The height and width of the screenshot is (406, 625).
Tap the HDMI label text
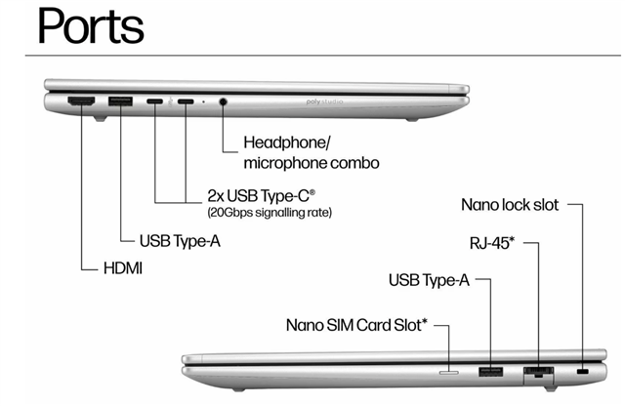[123, 266]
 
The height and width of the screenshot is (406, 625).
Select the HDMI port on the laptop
[79, 101]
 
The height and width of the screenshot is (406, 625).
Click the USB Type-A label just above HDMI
[180, 239]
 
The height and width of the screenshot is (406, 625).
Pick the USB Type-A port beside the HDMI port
[121, 101]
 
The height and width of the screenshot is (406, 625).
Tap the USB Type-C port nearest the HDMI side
[155, 101]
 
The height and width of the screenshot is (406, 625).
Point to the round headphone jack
[225, 101]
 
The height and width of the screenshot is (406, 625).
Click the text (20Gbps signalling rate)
[269, 212]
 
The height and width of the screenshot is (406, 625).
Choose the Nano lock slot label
[511, 205]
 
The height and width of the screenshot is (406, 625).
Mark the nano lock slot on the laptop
[584, 372]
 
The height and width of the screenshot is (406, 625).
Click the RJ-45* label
[498, 241]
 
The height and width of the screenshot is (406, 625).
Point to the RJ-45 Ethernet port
[538, 372]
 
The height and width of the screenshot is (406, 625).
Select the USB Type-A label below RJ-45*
[429, 281]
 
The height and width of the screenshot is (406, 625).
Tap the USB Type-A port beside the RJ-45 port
[490, 371]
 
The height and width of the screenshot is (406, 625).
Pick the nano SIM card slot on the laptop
[450, 371]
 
